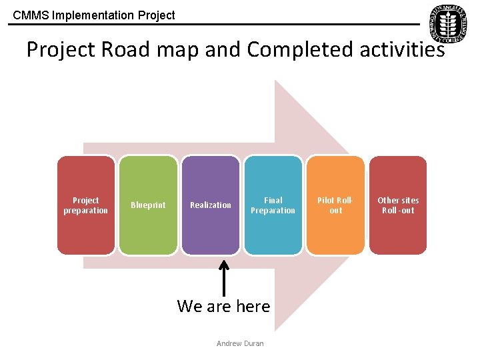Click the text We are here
(x=223, y=306)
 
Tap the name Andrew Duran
(x=240, y=343)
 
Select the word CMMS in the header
(x=27, y=15)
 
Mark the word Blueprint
(x=148, y=205)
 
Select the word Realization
(x=210, y=205)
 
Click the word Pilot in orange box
(x=325, y=200)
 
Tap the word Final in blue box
(x=273, y=200)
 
